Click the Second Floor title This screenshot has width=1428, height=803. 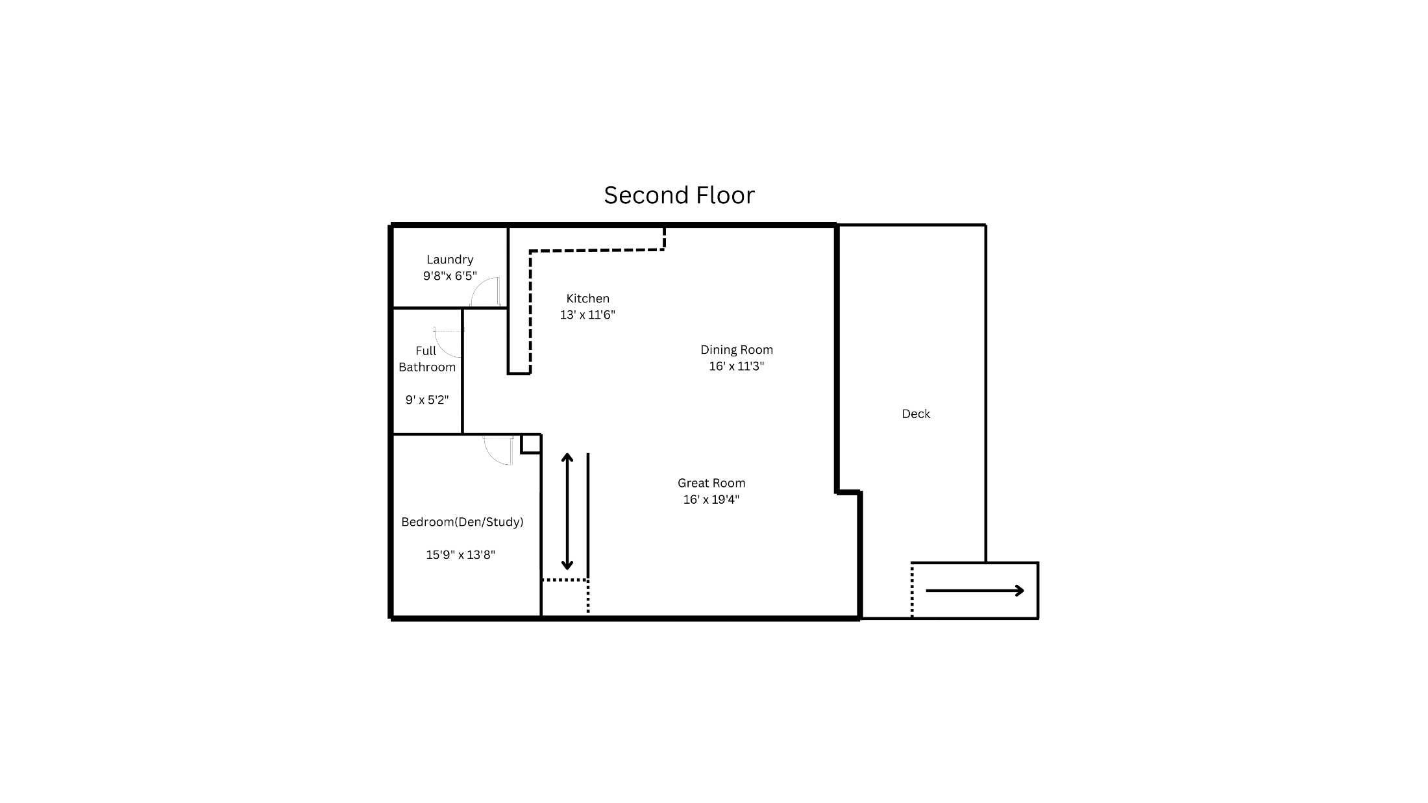tap(679, 195)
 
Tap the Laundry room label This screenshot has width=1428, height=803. tap(450, 260)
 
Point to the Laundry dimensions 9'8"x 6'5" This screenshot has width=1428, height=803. tap(450, 276)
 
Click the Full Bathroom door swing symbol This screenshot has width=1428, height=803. tap(449, 343)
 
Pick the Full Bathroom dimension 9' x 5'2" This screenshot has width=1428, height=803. tap(427, 400)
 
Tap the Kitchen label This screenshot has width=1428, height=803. tap(588, 299)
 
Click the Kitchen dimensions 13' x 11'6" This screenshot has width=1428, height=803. tap(587, 315)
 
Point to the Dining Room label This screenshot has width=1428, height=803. tap(737, 350)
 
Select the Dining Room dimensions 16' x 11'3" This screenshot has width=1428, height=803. tap(736, 366)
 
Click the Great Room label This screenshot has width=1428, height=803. tap(711, 483)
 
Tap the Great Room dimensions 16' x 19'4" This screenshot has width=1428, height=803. tap(711, 499)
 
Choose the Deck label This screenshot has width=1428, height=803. tap(916, 414)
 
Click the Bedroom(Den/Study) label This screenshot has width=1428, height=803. tap(462, 522)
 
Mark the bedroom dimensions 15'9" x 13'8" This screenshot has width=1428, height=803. tap(461, 555)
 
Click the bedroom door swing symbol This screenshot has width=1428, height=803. tap(499, 450)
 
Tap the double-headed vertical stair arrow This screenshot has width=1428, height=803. tap(567, 511)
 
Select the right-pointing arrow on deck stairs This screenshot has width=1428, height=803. tap(974, 591)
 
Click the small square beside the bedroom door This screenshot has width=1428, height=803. tap(531, 443)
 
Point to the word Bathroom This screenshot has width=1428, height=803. tap(427, 367)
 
